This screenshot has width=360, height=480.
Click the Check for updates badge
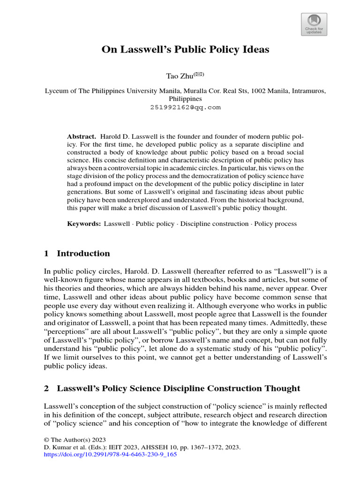tap(314, 24)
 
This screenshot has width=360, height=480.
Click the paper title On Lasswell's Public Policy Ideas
tap(185, 49)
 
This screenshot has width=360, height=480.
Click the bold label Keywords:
tap(84, 224)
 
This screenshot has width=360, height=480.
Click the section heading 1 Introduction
tap(77, 254)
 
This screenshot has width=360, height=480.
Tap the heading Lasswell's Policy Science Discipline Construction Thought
tap(178, 388)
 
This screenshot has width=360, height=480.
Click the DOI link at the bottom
tap(110, 455)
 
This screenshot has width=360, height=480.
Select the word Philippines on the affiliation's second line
tap(185, 99)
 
